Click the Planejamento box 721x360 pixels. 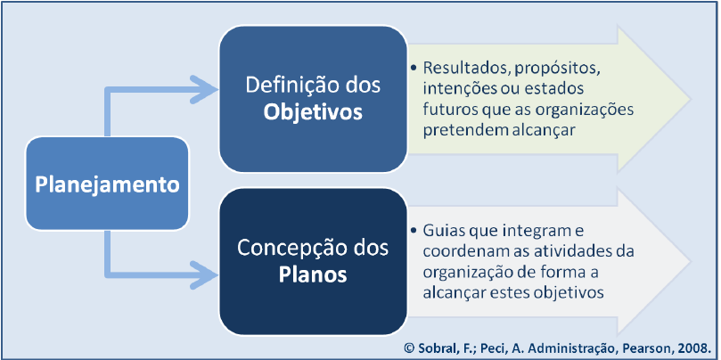pos(107,184)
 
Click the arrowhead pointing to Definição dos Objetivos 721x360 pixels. pos(207,88)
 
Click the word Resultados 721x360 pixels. pos(460,69)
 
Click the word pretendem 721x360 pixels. pos(460,130)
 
